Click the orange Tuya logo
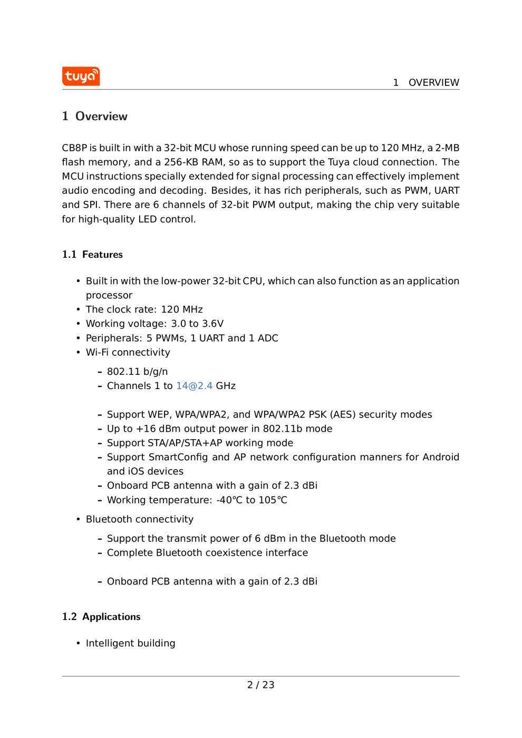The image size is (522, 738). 81,76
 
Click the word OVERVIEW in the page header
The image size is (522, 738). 433,83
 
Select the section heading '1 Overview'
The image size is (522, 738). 95,116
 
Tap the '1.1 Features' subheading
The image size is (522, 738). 92,255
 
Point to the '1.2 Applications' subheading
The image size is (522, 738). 101,617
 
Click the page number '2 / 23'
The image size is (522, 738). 260,685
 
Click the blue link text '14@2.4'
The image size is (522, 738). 194,386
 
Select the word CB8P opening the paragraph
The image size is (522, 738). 74,148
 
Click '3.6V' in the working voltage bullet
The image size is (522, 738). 212,324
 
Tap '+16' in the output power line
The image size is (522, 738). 146,429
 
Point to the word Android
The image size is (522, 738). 440,458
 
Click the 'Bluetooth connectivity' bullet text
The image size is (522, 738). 140,520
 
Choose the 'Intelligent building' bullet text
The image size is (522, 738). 130,644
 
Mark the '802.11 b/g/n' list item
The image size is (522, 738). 137,372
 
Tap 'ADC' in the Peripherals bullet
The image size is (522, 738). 268,338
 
